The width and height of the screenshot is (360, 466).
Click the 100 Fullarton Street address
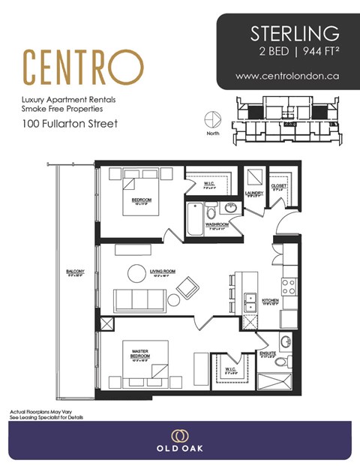[70, 123]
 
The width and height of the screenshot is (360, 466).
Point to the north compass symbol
[211, 121]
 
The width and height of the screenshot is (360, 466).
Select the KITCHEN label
[270, 300]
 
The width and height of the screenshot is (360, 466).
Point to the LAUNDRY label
[253, 194]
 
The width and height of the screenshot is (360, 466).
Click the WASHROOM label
[217, 224]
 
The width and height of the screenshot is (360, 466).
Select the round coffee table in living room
[136, 273]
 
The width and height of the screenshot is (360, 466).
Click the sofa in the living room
[140, 299]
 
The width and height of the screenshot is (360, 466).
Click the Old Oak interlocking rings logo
[179, 436]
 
